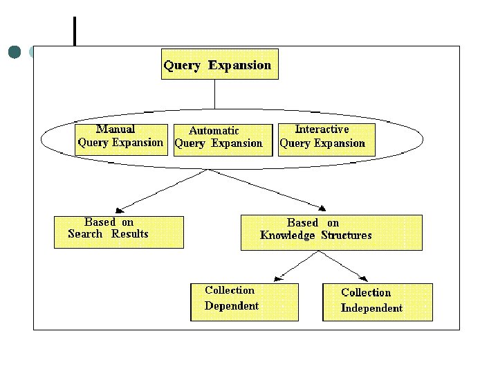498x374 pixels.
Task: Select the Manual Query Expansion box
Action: [121, 139]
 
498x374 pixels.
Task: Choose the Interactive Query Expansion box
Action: [326, 139]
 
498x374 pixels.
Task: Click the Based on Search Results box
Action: [119, 232]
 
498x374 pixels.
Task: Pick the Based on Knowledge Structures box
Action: [331, 232]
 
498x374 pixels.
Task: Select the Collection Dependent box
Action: [244, 301]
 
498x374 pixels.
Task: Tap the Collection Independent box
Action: [377, 302]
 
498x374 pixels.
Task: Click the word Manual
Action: [116, 129]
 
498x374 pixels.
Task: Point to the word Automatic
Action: [214, 130]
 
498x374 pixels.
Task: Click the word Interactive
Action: [322, 129]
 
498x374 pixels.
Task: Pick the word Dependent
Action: [232, 305]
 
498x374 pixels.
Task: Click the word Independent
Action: [371, 308]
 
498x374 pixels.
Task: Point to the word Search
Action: [85, 233]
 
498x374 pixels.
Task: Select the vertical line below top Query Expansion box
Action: [214, 93]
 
